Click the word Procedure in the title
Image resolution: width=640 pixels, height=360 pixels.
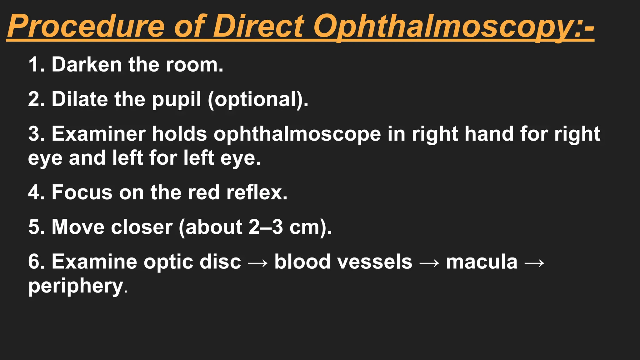[x=86, y=26]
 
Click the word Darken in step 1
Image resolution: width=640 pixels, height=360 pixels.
[x=87, y=65]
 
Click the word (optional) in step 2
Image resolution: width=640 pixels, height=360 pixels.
[x=258, y=99]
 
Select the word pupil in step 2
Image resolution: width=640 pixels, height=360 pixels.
[x=176, y=99]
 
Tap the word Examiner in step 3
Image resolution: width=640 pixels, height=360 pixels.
[x=98, y=134]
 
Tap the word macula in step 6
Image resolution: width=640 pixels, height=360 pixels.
[x=482, y=262]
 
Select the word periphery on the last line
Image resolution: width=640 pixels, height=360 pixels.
[x=76, y=286]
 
